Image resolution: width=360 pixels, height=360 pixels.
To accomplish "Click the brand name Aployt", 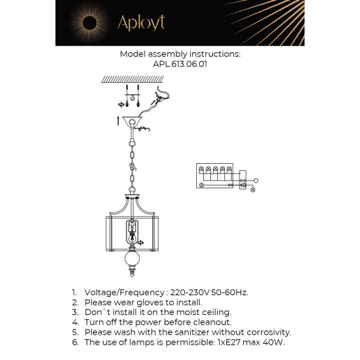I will (x=141, y=23).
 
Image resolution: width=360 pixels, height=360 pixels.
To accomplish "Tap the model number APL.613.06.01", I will (x=180, y=64).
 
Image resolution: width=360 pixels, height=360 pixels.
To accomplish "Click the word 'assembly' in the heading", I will (x=170, y=53).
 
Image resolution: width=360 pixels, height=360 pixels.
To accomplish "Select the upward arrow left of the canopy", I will (x=118, y=121).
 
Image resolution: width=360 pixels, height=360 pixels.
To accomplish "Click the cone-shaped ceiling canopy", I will (x=133, y=124).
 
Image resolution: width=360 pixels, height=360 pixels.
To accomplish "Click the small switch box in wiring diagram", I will (x=243, y=180).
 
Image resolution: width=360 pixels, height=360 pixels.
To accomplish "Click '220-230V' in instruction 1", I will (x=189, y=293).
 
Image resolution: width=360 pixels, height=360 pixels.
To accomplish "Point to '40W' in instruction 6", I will (x=274, y=342).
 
